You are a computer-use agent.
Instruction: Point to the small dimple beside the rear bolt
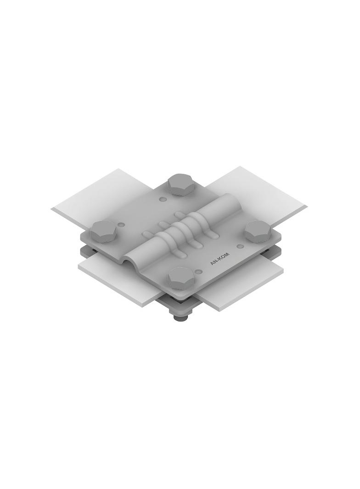[x=163, y=199]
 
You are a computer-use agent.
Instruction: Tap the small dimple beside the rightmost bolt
[x=240, y=246]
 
